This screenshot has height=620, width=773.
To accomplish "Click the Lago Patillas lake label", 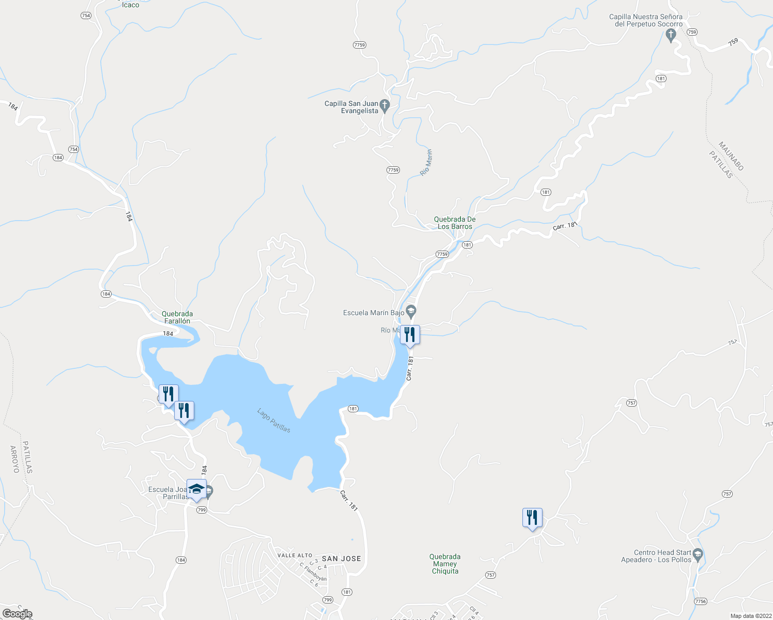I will point(274,420).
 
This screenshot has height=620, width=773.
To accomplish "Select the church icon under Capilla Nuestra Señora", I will point(671,35).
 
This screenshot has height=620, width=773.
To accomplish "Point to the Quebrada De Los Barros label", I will point(455,223).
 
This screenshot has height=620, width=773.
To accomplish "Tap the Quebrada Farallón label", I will point(177,317).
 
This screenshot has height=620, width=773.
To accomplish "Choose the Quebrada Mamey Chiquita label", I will point(445,564).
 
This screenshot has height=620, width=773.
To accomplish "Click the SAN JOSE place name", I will point(341,559).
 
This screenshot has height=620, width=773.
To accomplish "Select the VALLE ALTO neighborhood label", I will point(295,555).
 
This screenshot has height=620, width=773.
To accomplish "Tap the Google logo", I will point(17,614).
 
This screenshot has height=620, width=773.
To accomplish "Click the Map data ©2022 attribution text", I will point(751,616).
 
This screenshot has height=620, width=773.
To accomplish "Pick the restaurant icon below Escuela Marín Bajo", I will point(409,335).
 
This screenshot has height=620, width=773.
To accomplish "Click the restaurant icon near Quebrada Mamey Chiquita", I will point(532,517).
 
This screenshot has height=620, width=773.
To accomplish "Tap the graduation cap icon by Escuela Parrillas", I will point(196,489).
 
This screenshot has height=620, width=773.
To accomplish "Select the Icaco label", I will point(130,5).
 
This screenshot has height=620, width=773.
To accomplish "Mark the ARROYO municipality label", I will point(14,459).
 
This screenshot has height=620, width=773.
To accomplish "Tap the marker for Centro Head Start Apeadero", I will point(698,555).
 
